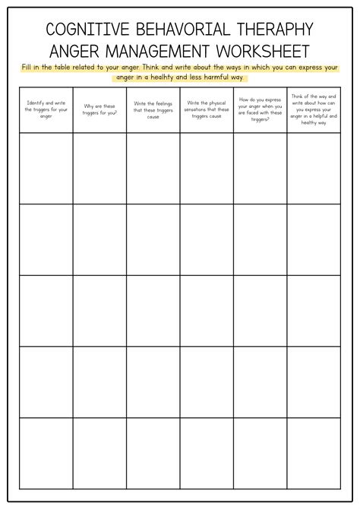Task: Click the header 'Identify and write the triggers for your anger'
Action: pos(46,110)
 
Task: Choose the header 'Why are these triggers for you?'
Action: pos(99,110)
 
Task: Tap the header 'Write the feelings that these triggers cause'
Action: pos(153,110)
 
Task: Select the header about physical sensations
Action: pos(207,110)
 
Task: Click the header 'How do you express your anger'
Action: pos(260,110)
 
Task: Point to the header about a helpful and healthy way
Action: pos(313,110)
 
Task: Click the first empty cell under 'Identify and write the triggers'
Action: pos(46,168)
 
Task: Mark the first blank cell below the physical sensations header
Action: pos(207,168)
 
